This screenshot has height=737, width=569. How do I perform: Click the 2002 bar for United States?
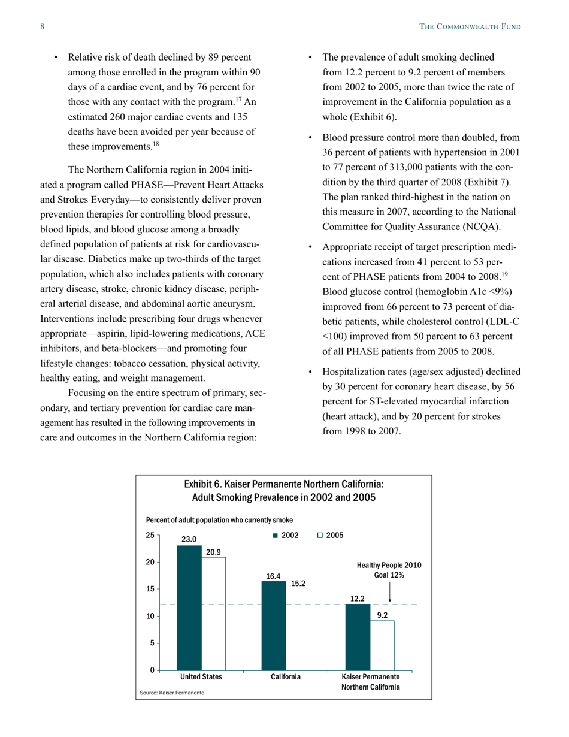[189, 608]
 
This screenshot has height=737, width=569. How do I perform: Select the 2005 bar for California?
[298, 629]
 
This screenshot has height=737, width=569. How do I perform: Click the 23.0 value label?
[189, 539]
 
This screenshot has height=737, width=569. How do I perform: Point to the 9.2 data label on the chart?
[382, 614]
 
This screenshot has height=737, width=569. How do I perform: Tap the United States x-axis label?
[201, 676]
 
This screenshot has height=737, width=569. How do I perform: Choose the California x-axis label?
[285, 676]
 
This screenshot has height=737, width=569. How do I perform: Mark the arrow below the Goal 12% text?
[390, 592]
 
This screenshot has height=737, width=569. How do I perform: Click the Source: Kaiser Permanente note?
[172, 692]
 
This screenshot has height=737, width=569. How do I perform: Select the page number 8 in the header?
[43, 26]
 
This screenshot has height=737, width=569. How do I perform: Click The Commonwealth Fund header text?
[470, 26]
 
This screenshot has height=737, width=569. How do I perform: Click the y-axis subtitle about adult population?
[219, 519]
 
